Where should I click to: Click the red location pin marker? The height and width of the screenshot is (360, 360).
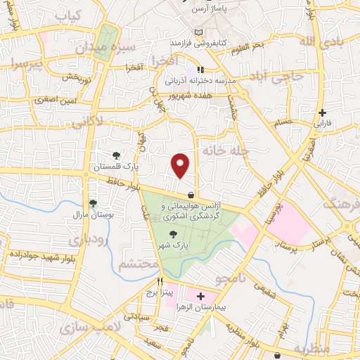click(181, 165)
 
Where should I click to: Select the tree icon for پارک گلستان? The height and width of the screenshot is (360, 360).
click(117, 155)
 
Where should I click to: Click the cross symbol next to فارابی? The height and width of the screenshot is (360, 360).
click(322, 112)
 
